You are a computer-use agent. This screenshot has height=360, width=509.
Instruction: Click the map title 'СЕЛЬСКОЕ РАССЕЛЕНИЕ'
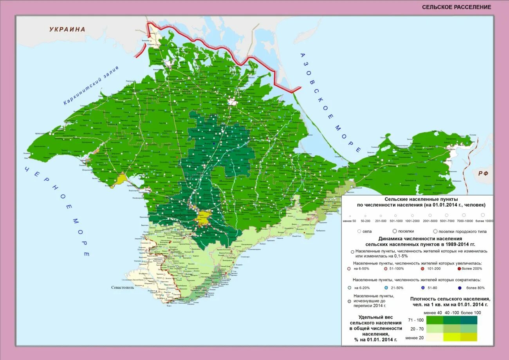pos(456,7)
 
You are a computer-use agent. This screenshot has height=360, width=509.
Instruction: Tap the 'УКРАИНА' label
pos(67,29)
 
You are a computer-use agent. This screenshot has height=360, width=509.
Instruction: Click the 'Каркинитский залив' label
pos(91,85)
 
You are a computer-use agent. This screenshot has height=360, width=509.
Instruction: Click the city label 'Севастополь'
pos(123,287)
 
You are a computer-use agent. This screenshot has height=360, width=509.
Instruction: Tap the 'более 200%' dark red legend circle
pos(459,269)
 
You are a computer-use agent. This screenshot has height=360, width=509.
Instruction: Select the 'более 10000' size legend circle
pos(483,215)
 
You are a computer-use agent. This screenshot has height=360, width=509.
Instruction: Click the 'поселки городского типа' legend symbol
pos(435,231)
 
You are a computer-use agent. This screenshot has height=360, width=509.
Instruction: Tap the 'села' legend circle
pos(359,231)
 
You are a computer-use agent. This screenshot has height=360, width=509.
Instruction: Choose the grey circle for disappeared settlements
pos(349,302)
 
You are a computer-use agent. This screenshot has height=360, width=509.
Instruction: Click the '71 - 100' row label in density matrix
pos(415,320)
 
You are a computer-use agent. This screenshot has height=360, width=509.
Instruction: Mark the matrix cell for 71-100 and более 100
pos(469,320)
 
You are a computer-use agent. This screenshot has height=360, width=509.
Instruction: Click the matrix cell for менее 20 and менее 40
pos(435,337)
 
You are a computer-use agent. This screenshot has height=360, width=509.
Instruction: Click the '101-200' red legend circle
pos(422,269)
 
